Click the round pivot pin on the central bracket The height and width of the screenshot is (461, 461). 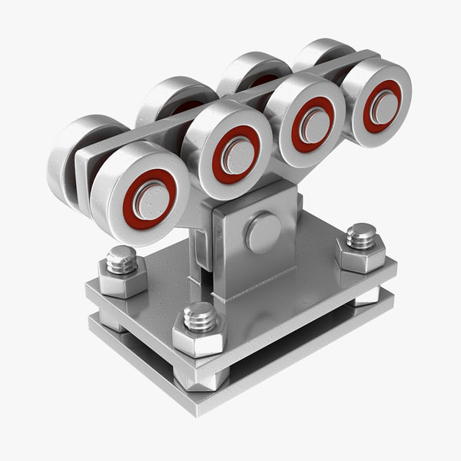point(263,232)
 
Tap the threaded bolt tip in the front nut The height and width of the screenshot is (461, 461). point(200,315)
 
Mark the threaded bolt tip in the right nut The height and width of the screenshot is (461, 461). point(361,235)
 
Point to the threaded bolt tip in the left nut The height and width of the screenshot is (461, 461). point(121,259)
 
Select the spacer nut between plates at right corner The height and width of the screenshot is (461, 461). point(367,296)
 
